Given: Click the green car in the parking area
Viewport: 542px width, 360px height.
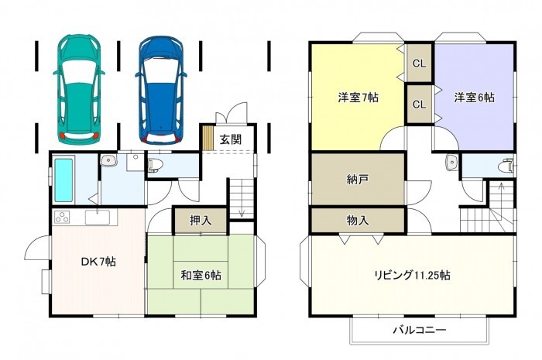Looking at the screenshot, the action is point(79,89).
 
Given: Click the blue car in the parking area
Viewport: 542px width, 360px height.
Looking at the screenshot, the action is point(161,90).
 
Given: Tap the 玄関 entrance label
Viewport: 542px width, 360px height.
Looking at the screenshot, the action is point(231,139).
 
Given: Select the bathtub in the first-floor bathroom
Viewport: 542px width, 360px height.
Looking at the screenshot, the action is point(64,180).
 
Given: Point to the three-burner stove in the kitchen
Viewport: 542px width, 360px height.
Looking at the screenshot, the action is point(62,217).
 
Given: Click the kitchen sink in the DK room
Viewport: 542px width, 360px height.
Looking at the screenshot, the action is point(98,218).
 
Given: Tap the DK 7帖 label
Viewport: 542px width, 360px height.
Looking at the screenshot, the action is point(98,262).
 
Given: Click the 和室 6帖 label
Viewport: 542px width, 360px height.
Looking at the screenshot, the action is point(201,275).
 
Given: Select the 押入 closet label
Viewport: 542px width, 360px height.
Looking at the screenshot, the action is point(201,221).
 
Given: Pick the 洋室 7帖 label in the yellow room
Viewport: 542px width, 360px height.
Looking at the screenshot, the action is point(358,98).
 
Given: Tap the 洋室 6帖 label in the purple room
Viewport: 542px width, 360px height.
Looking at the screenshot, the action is point(474,98).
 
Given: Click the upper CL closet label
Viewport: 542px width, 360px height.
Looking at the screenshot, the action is point(420,63).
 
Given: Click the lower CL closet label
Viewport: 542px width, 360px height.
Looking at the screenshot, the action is point(420,104).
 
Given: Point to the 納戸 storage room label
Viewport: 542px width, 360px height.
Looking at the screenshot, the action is point(358,180).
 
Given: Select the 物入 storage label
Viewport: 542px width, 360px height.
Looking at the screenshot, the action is point(358,221).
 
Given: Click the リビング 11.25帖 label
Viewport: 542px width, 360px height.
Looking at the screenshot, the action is point(413,276).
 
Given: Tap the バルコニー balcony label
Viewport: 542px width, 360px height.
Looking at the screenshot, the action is point(420,330).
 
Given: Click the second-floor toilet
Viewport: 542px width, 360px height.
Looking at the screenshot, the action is point(506,166).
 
